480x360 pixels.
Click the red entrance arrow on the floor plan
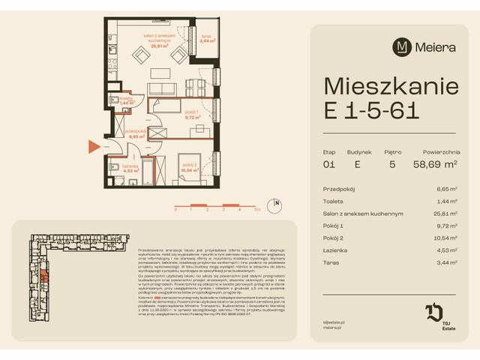click(94, 147)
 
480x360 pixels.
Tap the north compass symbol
click(277, 203)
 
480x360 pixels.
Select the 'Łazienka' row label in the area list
click(335, 250)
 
